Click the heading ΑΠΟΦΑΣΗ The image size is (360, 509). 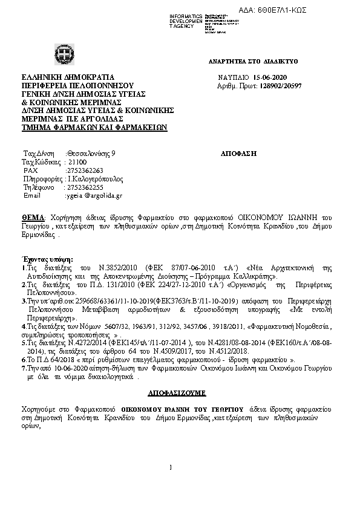click(240, 154)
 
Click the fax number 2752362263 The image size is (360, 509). click(84, 170)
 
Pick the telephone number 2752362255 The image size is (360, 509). click(84, 187)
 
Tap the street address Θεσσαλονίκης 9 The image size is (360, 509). click(91, 154)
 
